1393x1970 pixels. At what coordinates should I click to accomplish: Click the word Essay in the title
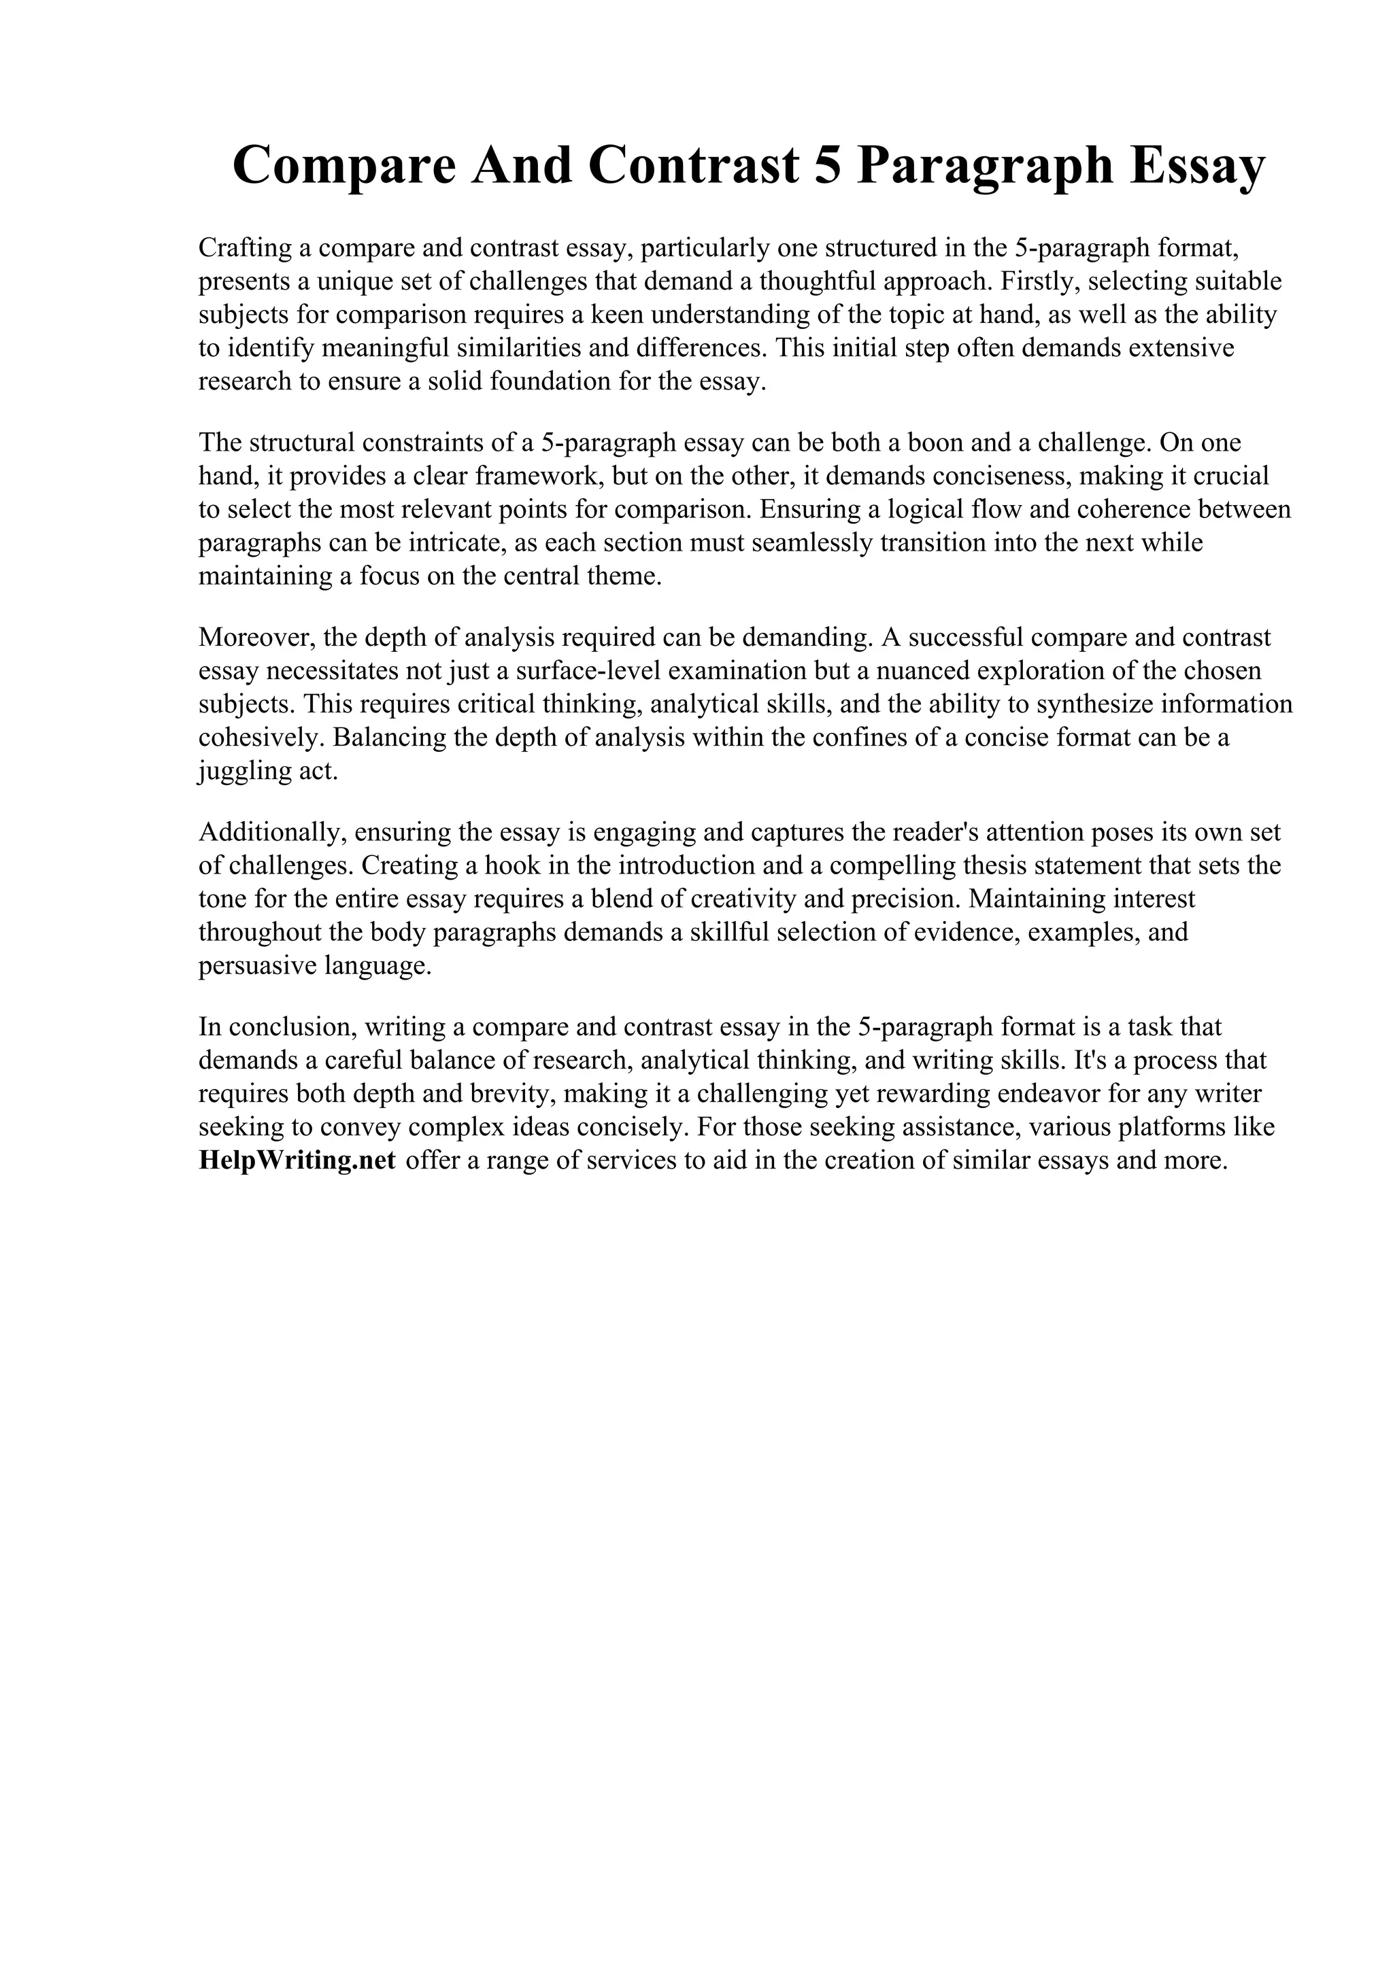tap(1197, 166)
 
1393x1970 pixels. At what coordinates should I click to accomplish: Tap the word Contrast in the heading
tap(694, 166)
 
